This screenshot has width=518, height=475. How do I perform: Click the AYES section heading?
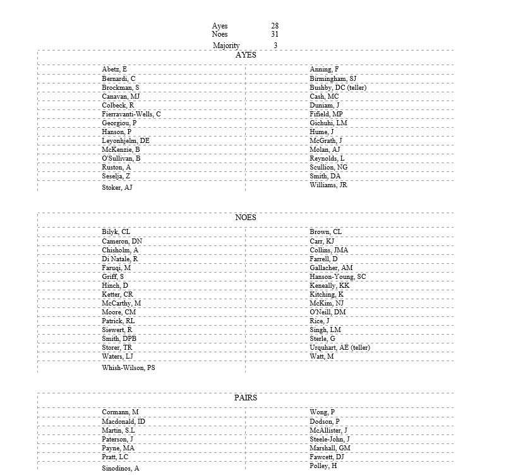pos(246,55)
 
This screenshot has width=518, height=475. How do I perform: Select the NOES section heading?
pos(246,218)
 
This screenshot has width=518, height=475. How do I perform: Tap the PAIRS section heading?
pos(246,398)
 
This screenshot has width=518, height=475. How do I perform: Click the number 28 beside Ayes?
pos(275,26)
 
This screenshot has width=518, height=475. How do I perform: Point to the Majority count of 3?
pos(275,46)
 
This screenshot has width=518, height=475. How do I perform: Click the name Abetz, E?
pos(114,70)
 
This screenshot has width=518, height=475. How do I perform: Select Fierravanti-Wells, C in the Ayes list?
pos(131,114)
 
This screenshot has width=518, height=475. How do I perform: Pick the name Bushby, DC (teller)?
pos(338,87)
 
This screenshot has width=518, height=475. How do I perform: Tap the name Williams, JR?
pos(328,185)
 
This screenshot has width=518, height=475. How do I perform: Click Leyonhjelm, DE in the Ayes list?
pos(126,140)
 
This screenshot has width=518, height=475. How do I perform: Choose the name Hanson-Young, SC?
pos(337,277)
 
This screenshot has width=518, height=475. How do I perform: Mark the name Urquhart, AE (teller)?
pos(340,348)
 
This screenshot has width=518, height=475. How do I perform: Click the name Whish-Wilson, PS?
pos(129,367)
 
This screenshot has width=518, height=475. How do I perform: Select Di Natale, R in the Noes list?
pos(120,259)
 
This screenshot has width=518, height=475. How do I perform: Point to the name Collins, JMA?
pos(328,250)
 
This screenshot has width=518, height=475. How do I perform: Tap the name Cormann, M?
pos(120,412)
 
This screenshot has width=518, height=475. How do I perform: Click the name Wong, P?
pos(322,412)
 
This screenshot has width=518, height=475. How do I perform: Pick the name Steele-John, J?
pos(330,439)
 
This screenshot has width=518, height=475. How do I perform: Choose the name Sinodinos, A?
pos(121,468)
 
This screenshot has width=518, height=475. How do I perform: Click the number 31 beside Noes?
pos(275,34)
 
